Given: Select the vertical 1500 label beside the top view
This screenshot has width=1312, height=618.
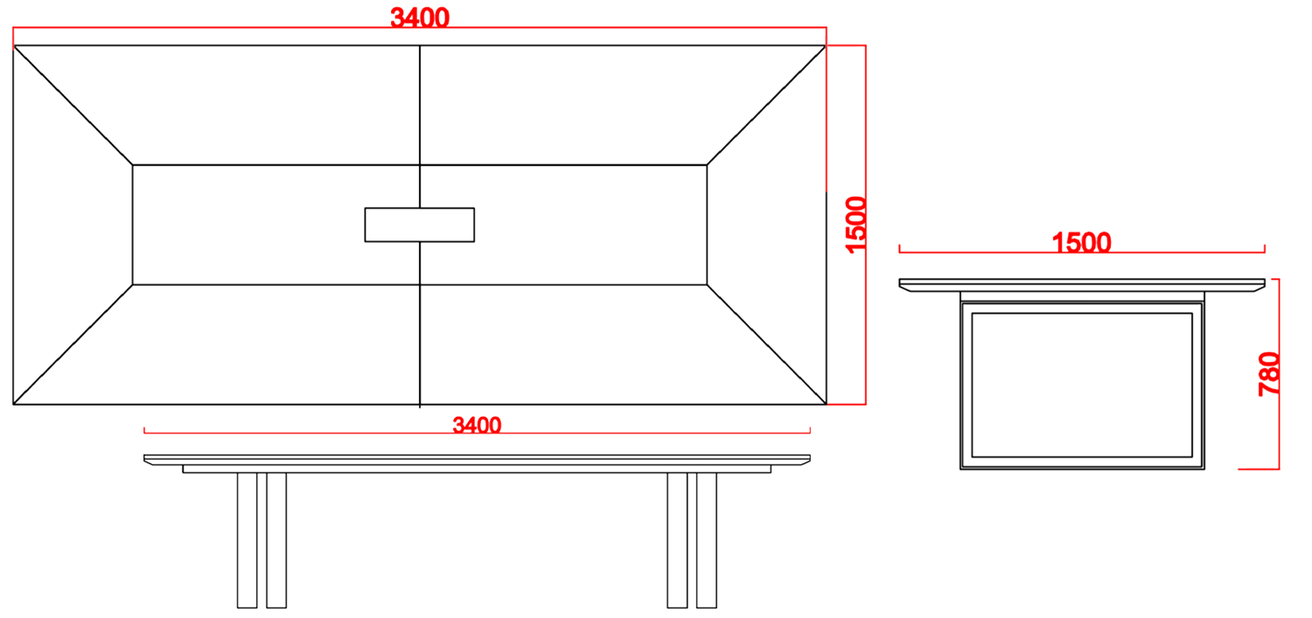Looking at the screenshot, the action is tap(856, 225).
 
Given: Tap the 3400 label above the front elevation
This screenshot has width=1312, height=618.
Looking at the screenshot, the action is tap(477, 426).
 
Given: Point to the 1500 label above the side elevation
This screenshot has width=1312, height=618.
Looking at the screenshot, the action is tap(1081, 243).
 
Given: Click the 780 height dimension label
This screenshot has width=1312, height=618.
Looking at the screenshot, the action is tap(1269, 373).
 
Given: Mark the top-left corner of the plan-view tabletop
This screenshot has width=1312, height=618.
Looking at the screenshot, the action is tap(14, 46).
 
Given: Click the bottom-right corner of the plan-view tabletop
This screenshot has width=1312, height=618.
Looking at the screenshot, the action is tap(826, 404).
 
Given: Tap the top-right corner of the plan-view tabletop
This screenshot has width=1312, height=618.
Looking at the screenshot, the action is tap(826, 46).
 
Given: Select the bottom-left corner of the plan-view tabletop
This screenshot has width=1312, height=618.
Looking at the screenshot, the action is tap(14, 404).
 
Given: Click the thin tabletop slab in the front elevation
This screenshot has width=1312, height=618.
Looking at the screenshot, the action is tap(477, 460).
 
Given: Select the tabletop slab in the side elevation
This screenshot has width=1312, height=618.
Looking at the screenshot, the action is tap(1082, 283).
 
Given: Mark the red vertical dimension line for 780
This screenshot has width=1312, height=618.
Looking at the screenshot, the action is tap(1279, 373).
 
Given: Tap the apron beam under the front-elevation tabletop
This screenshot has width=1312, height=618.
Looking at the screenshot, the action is tap(477, 469).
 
